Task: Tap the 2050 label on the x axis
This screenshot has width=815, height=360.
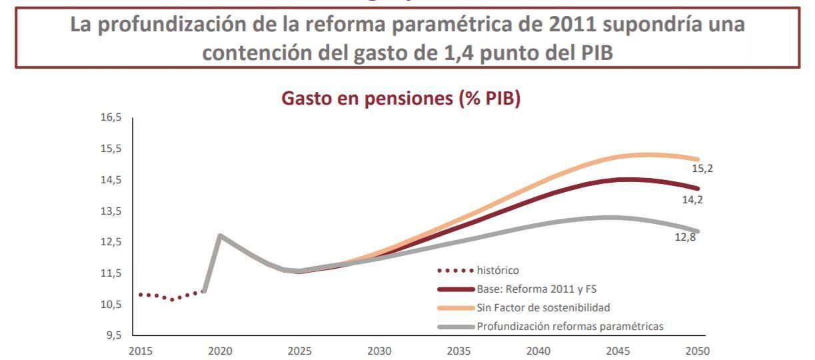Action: point(699,350)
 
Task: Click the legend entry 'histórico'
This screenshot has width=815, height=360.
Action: point(499,271)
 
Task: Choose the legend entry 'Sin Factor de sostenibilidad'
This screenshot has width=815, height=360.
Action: point(543,307)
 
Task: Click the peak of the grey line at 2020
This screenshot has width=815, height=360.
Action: point(219,235)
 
